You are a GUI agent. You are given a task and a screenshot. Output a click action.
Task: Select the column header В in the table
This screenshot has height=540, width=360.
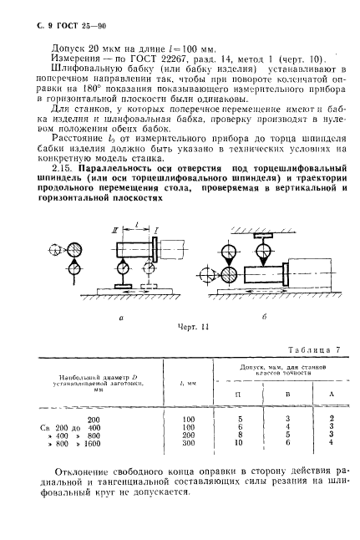pyautogui.click(x=287, y=392)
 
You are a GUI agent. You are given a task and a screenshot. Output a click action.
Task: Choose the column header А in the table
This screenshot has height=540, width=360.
pyautogui.click(x=332, y=392)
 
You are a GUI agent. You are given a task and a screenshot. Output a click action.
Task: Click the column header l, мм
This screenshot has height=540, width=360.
pyautogui.click(x=188, y=383)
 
